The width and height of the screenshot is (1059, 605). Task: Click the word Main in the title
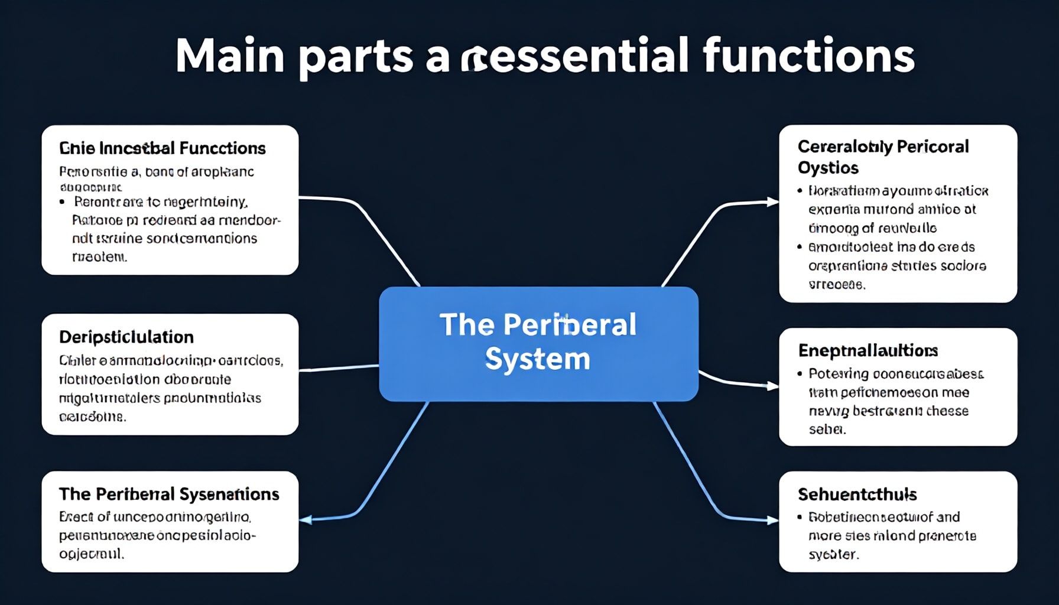[230, 56]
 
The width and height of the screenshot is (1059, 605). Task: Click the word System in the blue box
[537, 359]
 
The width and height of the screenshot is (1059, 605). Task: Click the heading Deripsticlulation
[126, 337]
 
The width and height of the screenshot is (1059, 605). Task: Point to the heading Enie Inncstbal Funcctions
[163, 148]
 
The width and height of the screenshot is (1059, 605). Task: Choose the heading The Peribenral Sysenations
[169, 494]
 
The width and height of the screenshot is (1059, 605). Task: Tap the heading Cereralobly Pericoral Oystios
[883, 157]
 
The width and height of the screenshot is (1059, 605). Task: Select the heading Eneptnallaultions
[868, 350]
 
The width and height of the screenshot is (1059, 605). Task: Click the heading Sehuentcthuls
[857, 494]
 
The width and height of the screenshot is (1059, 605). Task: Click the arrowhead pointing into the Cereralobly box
[773, 202]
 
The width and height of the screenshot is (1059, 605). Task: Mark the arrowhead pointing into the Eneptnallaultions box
[773, 386]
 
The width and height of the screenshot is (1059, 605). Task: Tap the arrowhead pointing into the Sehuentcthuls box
[773, 521]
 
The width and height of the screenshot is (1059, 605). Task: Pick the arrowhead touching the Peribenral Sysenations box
[306, 520]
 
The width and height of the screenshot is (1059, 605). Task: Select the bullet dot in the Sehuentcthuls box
[800, 517]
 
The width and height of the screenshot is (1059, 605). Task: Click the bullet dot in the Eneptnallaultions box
[800, 374]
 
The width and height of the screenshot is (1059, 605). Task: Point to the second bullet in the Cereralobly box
[800, 247]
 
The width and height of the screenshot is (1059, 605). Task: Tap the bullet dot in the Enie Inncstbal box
[62, 202]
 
